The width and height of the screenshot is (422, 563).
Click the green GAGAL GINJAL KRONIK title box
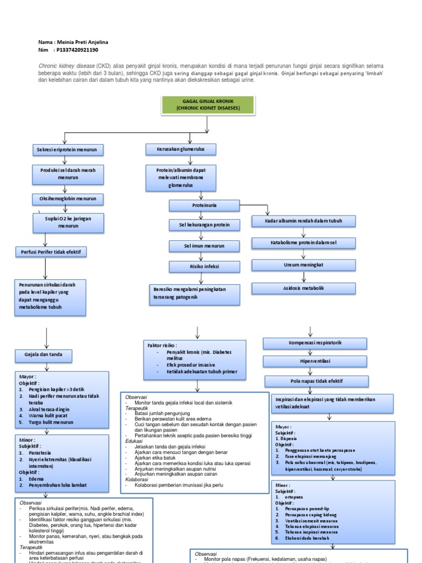[x=208, y=105]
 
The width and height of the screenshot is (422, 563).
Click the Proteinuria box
[x=201, y=205]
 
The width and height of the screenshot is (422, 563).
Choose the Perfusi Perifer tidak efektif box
[x=51, y=252]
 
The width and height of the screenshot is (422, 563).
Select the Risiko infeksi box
[x=204, y=267]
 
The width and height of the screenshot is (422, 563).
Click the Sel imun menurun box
[x=204, y=246]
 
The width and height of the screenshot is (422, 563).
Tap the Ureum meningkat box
[x=304, y=265]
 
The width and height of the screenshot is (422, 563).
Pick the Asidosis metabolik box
[x=304, y=288]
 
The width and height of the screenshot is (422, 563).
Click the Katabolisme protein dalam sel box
[x=304, y=242]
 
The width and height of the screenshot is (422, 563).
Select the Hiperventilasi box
[x=311, y=361]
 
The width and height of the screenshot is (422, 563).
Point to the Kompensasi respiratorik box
[x=311, y=343]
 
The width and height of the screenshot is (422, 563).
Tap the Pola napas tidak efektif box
[x=311, y=381]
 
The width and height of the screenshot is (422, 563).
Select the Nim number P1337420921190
[x=77, y=50]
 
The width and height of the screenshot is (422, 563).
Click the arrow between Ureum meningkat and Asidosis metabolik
[x=304, y=277]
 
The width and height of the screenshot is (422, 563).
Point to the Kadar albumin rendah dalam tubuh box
[x=304, y=222]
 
